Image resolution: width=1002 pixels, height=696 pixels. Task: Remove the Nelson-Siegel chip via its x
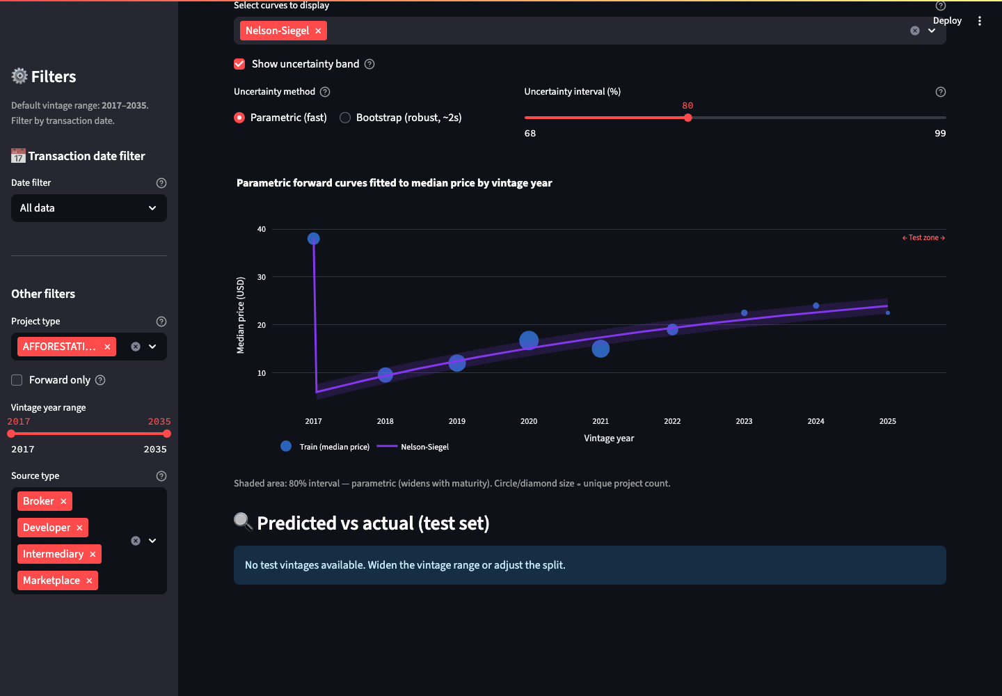click(x=318, y=31)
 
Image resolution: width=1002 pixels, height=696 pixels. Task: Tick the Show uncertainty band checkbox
click(x=239, y=64)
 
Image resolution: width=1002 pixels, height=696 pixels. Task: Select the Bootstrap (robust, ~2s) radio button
click(x=345, y=118)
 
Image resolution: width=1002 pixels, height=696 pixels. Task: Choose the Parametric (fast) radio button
click(x=239, y=118)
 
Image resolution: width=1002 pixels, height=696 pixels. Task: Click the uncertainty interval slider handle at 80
click(x=688, y=118)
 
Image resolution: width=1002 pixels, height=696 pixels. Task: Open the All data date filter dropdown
click(x=89, y=208)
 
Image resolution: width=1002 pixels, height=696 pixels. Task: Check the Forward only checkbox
click(x=17, y=380)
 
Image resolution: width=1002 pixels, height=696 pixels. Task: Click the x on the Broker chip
click(x=63, y=501)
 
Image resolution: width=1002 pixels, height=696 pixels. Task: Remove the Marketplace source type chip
click(x=89, y=580)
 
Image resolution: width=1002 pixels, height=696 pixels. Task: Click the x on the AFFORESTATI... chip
click(x=107, y=347)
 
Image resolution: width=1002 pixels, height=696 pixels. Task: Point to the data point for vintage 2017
click(x=314, y=239)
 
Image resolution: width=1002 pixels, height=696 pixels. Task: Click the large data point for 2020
click(x=529, y=340)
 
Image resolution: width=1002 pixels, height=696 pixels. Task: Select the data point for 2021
click(x=601, y=349)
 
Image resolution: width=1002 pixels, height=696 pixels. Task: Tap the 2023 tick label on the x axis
click(x=744, y=421)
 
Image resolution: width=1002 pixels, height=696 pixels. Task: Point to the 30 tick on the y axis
click(x=262, y=277)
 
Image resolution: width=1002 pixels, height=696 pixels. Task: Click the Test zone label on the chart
click(x=923, y=237)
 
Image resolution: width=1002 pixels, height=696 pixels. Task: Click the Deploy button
click(x=947, y=21)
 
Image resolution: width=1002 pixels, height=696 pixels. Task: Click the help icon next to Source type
click(x=161, y=476)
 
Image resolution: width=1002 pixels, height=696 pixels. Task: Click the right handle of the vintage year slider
click(x=167, y=434)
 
